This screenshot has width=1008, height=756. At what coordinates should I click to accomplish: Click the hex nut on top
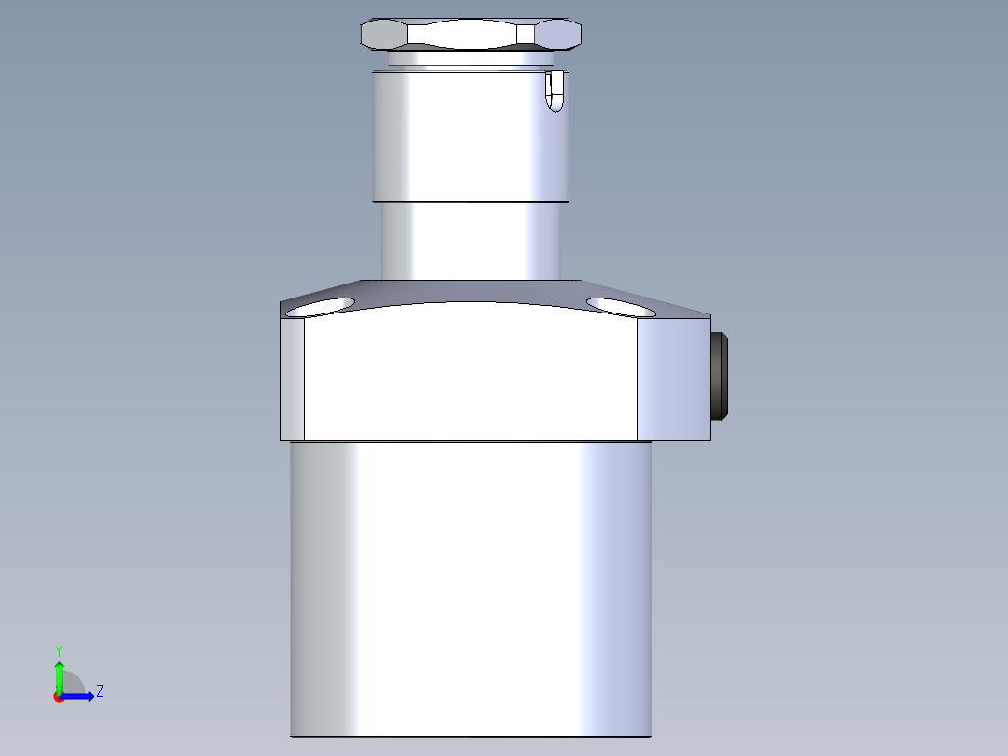coord(470,35)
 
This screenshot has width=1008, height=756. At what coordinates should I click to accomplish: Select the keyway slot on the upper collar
coord(554,92)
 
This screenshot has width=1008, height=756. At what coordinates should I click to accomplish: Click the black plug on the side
coord(721,375)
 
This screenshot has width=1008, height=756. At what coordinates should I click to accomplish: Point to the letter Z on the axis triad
coord(99,691)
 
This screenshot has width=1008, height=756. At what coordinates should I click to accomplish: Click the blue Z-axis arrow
coord(79,696)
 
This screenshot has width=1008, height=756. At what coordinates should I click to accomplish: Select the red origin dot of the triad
coord(59,697)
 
